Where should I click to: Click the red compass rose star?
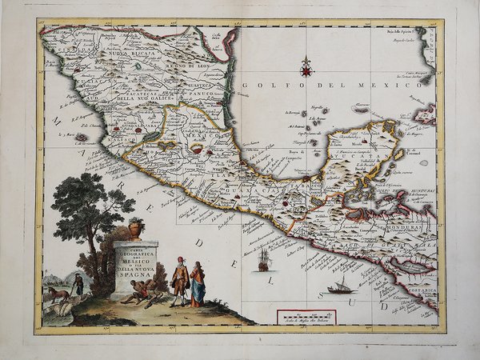coord(306,67)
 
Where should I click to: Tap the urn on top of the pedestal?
coord(135,230)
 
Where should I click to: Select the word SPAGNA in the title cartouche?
coord(135,274)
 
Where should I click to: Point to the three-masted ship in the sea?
coord(263,259)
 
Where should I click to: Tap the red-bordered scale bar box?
coord(306,317)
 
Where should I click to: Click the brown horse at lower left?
coord(58,294)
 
